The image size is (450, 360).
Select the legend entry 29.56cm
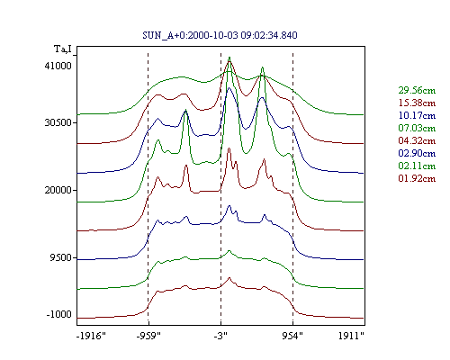pyautogui.click(x=417, y=90)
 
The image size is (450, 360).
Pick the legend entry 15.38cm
pyautogui.click(x=417, y=103)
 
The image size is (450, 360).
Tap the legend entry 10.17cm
pyautogui.click(x=417, y=115)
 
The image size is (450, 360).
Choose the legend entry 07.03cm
pyautogui.click(x=417, y=128)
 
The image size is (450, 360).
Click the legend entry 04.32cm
pyautogui.click(x=417, y=140)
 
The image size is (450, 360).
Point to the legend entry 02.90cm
pyautogui.click(x=417, y=153)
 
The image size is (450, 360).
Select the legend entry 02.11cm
pyautogui.click(x=417, y=166)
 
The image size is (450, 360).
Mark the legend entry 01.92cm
pyautogui.click(x=417, y=178)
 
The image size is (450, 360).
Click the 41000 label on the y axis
pyautogui.click(x=58, y=66)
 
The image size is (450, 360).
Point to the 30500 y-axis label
pyautogui.click(x=58, y=122)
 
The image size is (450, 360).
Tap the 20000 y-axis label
pyautogui.click(x=58, y=190)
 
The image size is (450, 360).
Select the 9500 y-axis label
pyautogui.click(x=61, y=257)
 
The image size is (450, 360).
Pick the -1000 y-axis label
pyautogui.click(x=59, y=314)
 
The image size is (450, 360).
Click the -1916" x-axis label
pyautogui.click(x=92, y=336)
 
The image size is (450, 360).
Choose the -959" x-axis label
pyautogui.click(x=148, y=336)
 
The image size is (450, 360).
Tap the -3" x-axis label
pyautogui.click(x=220, y=336)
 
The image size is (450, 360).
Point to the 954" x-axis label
pyautogui.click(x=292, y=336)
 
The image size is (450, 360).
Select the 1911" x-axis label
pyautogui.click(x=351, y=336)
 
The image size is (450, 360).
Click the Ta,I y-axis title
pyautogui.click(x=63, y=49)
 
